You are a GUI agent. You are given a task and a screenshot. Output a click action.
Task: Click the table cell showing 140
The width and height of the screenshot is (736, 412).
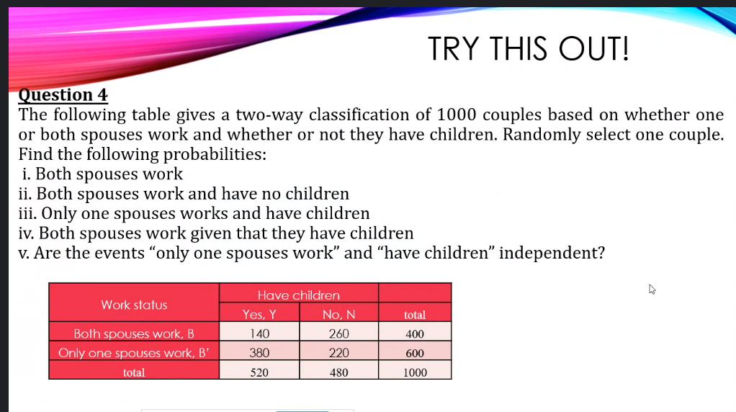pyautogui.click(x=259, y=333)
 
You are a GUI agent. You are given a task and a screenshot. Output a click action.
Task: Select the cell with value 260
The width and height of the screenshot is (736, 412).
pyautogui.click(x=339, y=333)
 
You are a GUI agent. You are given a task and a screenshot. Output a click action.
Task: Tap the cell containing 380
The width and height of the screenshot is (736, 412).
pyautogui.click(x=259, y=353)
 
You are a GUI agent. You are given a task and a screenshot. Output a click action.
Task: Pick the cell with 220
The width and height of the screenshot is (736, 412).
pyautogui.click(x=339, y=353)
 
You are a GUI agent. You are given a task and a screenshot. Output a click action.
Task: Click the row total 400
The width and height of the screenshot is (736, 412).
pyautogui.click(x=415, y=333)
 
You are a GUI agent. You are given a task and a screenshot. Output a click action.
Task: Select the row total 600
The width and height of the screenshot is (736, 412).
pyautogui.click(x=415, y=353)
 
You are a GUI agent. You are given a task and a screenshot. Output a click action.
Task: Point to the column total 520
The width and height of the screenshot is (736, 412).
pyautogui.click(x=259, y=372)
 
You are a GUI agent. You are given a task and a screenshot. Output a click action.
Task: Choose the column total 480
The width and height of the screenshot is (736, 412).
pyautogui.click(x=339, y=372)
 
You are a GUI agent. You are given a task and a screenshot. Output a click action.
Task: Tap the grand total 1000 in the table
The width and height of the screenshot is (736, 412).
pyautogui.click(x=415, y=372)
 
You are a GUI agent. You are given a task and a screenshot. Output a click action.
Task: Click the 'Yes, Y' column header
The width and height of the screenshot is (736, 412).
pyautogui.click(x=259, y=314)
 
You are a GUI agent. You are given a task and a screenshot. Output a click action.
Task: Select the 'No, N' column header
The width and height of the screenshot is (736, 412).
pyautogui.click(x=339, y=314)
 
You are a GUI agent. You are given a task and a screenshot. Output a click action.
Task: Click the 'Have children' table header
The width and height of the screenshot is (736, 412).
pyautogui.click(x=299, y=295)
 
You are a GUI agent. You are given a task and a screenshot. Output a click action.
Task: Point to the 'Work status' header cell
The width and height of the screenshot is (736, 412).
pyautogui.click(x=134, y=305)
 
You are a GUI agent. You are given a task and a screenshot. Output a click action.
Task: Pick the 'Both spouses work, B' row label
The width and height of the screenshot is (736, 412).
pyautogui.click(x=134, y=333)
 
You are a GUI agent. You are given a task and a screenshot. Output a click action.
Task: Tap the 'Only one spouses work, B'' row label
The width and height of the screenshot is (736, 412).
pyautogui.click(x=134, y=353)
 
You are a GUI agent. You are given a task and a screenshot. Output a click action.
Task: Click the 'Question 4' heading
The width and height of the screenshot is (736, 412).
pyautogui.click(x=63, y=95)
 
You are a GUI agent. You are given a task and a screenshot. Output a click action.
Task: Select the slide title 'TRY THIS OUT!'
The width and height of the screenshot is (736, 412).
pyautogui.click(x=528, y=49)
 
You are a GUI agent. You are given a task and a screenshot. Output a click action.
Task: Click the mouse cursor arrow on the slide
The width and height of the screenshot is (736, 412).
pyautogui.click(x=652, y=289)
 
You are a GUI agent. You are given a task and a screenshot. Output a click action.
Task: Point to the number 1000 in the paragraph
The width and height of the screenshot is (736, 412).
pyautogui.click(x=457, y=115)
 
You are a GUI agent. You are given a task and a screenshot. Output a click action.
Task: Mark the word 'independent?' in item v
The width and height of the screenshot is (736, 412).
pyautogui.click(x=552, y=254)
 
